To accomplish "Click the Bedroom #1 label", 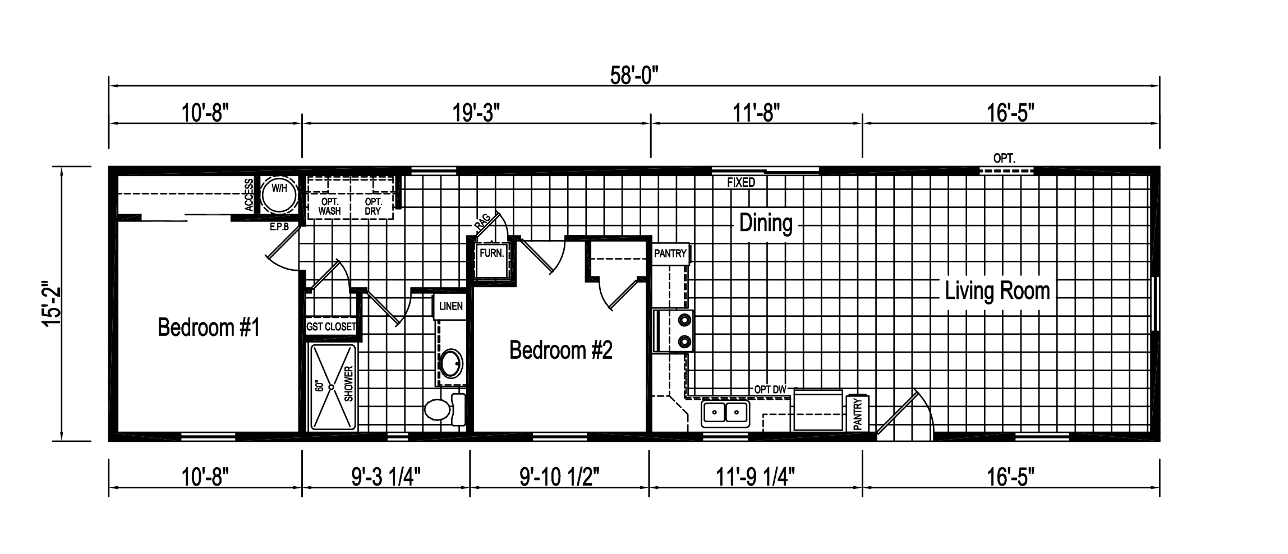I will click(x=209, y=327).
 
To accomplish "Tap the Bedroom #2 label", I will click(x=560, y=350).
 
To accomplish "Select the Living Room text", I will click(x=997, y=291).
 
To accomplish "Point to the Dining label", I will click(x=766, y=223).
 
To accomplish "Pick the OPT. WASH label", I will click(x=329, y=206).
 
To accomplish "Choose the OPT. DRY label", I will click(x=373, y=206).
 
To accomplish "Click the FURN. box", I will click(x=492, y=253).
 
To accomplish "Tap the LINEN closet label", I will click(x=450, y=306).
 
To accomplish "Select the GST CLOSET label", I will click(x=331, y=327).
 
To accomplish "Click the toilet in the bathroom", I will click(x=443, y=409).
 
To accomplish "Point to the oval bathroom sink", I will click(x=451, y=365).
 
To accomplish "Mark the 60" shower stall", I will click(x=333, y=387).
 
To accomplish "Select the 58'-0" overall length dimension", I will click(x=634, y=75).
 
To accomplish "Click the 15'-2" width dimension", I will click(x=53, y=303).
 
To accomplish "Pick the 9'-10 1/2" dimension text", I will click(x=559, y=478).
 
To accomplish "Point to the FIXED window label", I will click(x=741, y=183).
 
